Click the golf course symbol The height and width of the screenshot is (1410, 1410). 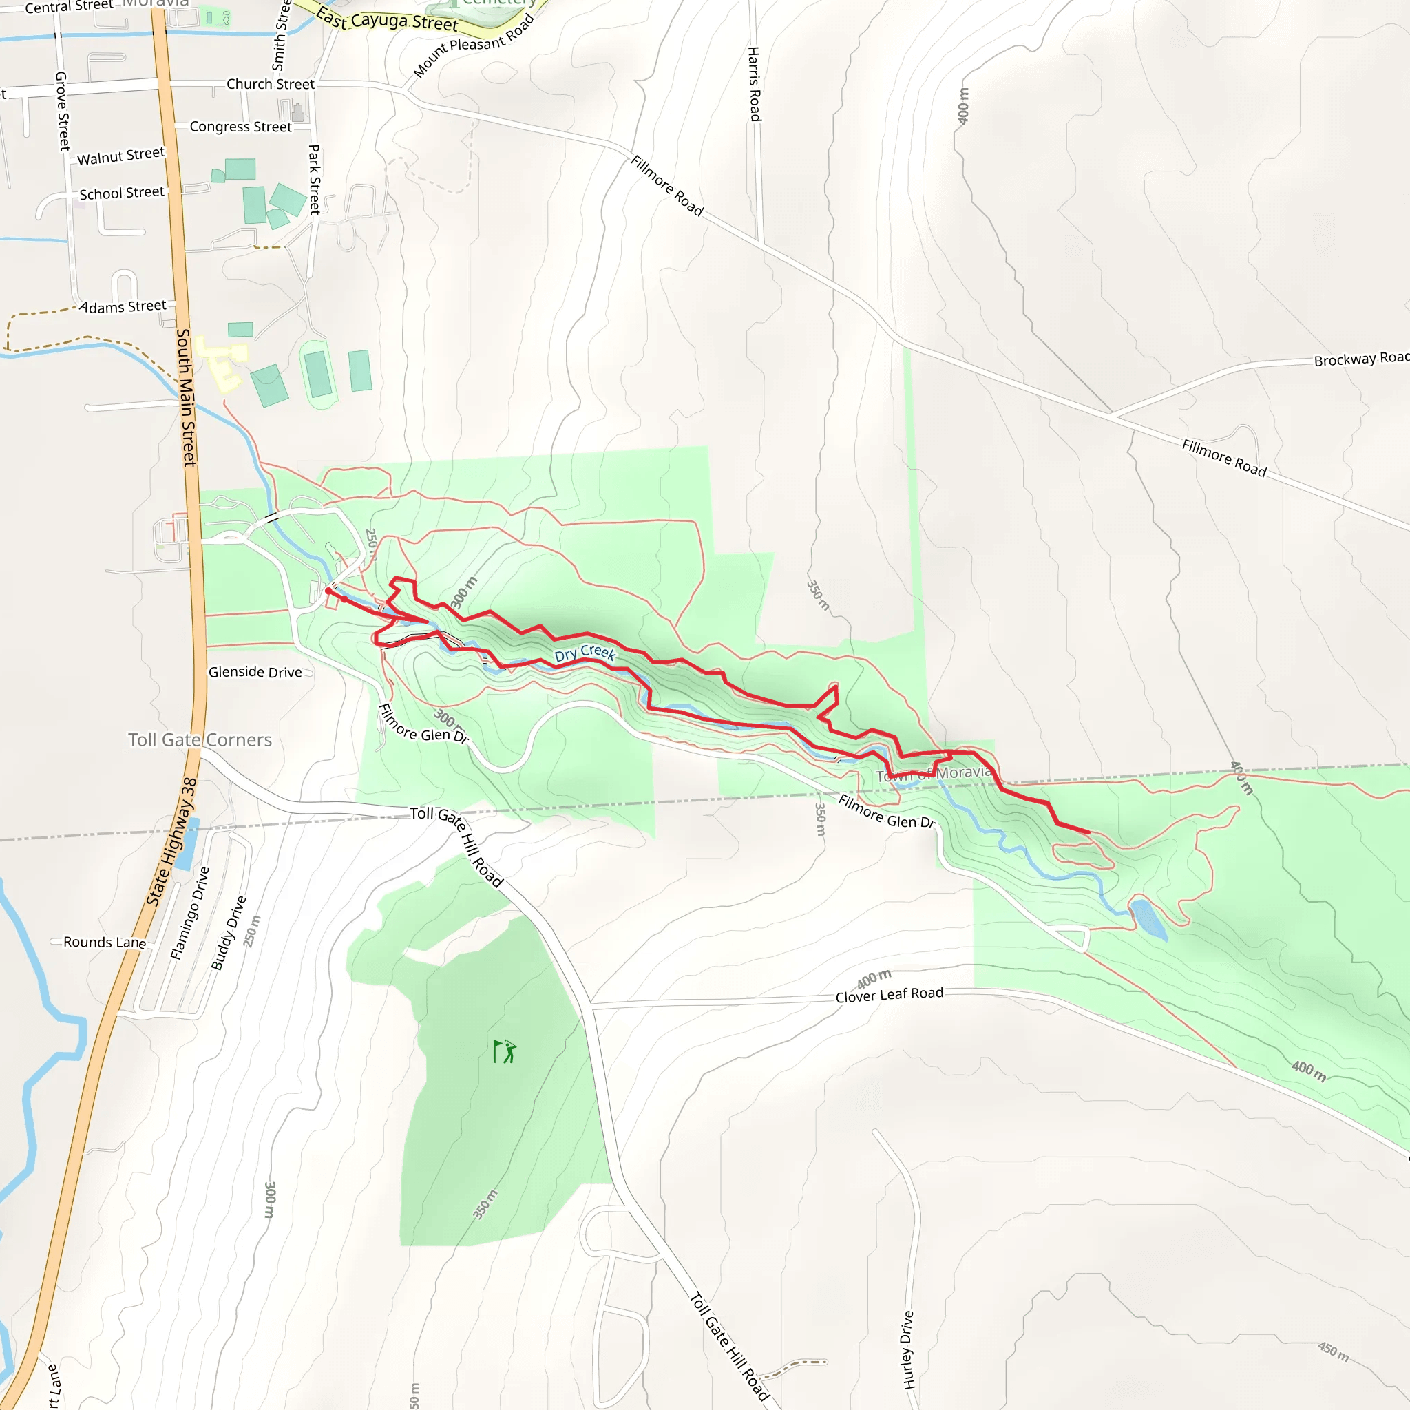pos(504,1052)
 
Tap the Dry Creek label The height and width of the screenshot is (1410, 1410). pos(585,653)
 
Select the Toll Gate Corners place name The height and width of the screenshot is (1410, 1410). pos(200,740)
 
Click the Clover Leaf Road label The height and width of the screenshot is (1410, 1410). pos(889,995)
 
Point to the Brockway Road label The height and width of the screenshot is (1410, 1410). pos(1360,358)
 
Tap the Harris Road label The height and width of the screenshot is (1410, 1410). pos(755,84)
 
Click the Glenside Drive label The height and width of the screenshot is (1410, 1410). pos(255,672)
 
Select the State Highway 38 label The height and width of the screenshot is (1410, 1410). pos(172,841)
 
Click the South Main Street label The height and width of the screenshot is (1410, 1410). pos(186,398)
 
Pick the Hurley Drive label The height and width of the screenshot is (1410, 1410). pos(908,1349)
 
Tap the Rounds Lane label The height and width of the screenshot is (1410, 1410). pos(105,943)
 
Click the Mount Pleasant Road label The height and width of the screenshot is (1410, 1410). pos(474,46)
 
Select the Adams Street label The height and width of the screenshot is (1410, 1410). pos(123,306)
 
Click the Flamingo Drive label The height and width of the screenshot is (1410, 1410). pos(190,913)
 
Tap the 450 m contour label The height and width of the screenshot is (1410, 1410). pos(1333,1351)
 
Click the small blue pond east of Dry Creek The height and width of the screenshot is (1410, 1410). pos(1148,919)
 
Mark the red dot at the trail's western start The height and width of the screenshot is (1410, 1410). pos(328,591)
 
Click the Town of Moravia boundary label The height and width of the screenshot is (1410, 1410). pos(934,774)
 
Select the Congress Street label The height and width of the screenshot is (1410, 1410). pos(240,127)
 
